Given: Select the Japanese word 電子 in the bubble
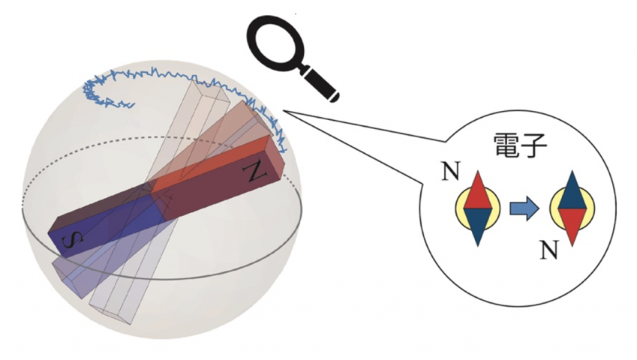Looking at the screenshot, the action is [x=521, y=145].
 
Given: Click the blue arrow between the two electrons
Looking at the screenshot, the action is [x=524, y=209].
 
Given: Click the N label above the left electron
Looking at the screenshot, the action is [x=450, y=171].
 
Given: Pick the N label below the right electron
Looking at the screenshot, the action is [x=549, y=250].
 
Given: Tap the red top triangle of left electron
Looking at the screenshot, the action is [x=478, y=193].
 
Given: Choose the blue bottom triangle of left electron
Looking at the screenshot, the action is [x=478, y=224].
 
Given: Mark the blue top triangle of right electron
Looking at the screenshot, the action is [x=572, y=193].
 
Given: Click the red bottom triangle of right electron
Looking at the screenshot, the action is [x=572, y=224].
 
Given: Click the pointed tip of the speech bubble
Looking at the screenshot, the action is [x=283, y=110].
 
